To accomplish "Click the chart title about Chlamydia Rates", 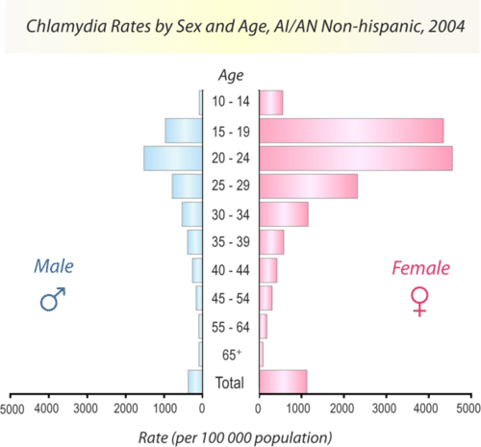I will click(240, 25).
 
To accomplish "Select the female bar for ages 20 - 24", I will click(356, 159).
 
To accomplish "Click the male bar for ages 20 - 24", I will click(173, 159).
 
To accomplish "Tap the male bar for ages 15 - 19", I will click(184, 131).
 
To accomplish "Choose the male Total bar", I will click(195, 383).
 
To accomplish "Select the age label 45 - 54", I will click(232, 299).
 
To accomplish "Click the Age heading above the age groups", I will click(231, 75).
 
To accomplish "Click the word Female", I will click(419, 268).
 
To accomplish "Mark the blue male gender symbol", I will click(53, 300).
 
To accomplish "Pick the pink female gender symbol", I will click(419, 303).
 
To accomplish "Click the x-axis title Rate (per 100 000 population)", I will click(240, 437).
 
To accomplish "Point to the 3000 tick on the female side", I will click(385, 409).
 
